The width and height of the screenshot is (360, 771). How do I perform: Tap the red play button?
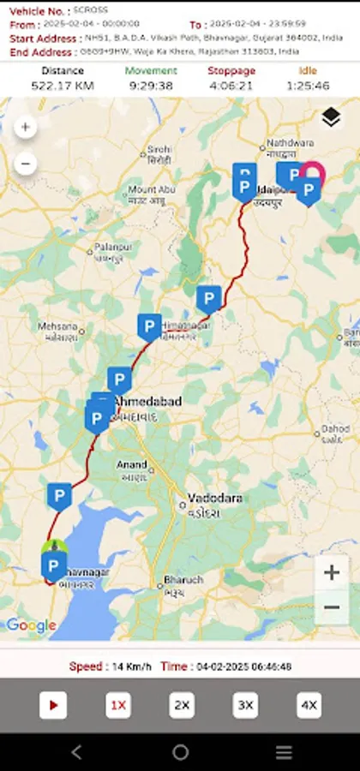coord(53,705)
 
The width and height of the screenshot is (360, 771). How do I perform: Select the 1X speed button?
coord(118,705)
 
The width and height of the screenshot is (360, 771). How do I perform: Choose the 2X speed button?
coord(182,705)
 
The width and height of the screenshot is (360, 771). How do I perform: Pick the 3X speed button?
coord(245,705)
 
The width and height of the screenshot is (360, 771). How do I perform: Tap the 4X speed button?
coord(309,705)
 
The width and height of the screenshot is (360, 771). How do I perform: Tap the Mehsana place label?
coord(59,326)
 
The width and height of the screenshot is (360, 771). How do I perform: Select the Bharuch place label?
coord(183,580)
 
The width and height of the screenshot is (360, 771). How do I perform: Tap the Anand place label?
coord(132,464)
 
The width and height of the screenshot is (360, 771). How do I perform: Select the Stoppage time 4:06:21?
coord(231,86)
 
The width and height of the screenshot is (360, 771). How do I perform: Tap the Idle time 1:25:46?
coord(308,86)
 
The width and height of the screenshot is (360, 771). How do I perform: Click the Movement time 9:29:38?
coord(150,86)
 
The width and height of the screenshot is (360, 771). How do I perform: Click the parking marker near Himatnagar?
coord(149,326)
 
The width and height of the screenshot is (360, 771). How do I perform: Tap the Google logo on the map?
coord(31,625)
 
